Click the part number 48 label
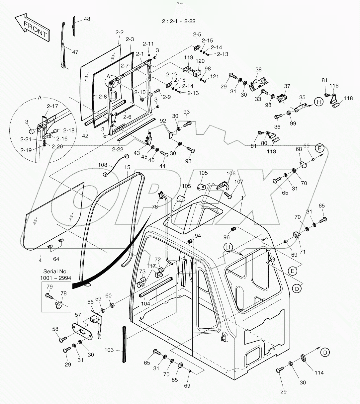pos(87,19)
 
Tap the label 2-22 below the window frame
pos(117,149)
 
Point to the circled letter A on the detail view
pos(40,98)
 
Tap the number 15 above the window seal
pos(128,167)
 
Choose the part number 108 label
pos(103,165)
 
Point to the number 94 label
pos(198,236)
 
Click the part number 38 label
pos(258,70)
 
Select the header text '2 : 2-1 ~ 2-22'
pos(179,21)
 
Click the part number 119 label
pos(189,57)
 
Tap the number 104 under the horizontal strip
pos(145,303)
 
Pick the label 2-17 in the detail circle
pos(52,107)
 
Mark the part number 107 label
pos(238,182)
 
